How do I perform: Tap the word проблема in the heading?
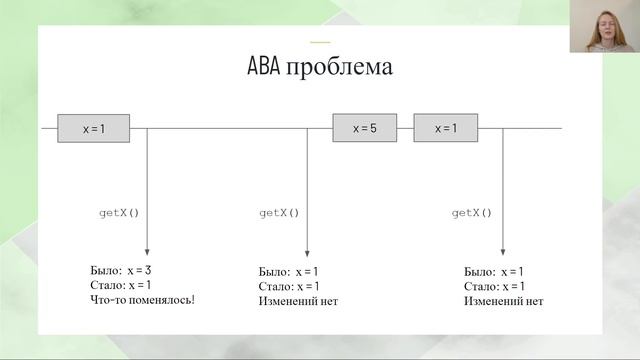click(339, 69)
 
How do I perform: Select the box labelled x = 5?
click(364, 129)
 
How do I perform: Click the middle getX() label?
click(279, 213)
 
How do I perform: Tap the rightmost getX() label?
click(472, 213)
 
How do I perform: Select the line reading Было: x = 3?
click(120, 270)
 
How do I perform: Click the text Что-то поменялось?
click(141, 298)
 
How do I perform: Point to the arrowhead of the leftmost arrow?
click(147, 255)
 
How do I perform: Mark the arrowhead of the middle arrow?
click(307, 255)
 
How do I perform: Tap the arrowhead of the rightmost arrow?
click(502, 255)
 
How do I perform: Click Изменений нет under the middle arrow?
click(298, 300)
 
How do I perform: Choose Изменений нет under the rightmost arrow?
click(503, 300)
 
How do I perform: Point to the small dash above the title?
click(320, 42)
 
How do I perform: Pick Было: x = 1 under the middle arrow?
click(290, 272)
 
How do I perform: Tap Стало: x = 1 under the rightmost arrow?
click(497, 286)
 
